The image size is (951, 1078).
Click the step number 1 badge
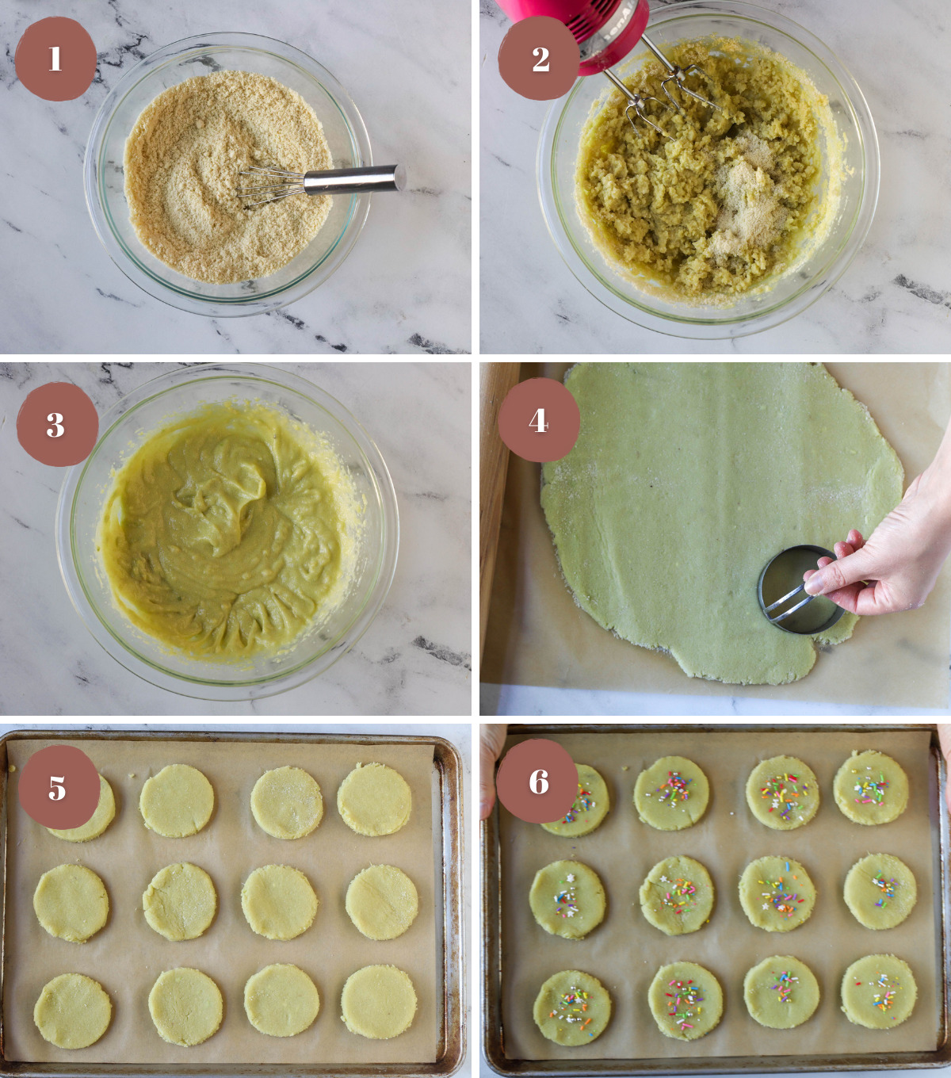pos(55,59)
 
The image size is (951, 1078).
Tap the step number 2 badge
pos(540,59)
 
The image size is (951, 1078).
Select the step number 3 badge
pos(56,426)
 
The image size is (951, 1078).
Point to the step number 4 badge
pos(539,420)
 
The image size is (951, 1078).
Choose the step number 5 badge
pos(58,788)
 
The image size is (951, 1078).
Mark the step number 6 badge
pos(539,782)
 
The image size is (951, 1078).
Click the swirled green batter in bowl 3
pos(230,531)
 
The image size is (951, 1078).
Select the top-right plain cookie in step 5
pos(375,800)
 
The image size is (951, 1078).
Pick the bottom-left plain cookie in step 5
pos(73,1011)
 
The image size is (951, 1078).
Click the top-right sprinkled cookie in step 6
pos(871,788)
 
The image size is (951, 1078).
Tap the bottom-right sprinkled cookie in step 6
pos(879,991)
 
